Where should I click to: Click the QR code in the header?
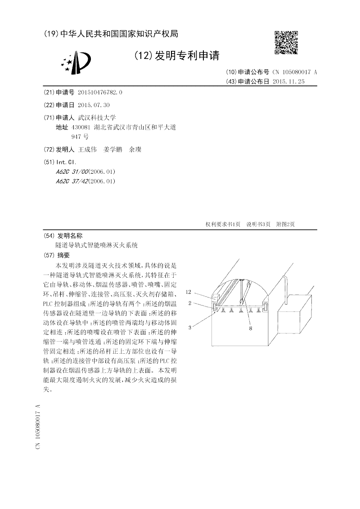point(286,42)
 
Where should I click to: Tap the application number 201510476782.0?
point(100,93)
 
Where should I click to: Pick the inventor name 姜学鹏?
point(112,150)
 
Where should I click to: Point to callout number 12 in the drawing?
point(189,292)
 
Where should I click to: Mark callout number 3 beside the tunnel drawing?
point(190,328)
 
